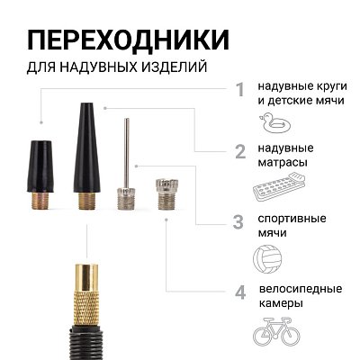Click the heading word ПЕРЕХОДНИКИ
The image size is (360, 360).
(x=127, y=40)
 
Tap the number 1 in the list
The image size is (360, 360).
(x=239, y=90)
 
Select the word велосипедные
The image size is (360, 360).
(x=301, y=289)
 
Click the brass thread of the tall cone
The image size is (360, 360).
(x=85, y=198)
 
